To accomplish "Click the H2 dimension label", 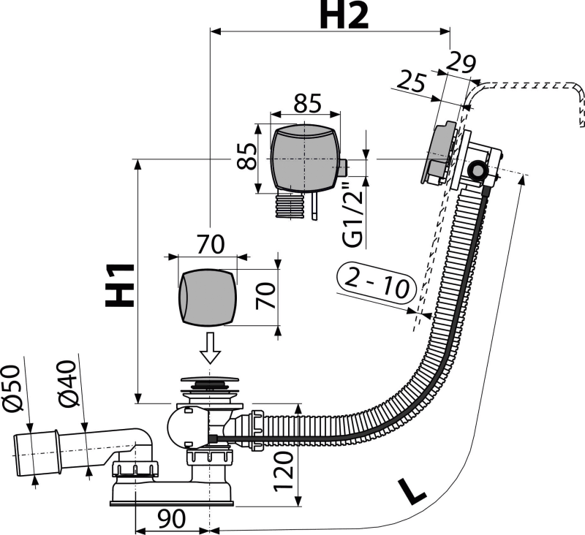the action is [344, 16].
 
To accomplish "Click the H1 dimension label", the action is [119, 285].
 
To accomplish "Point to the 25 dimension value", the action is [411, 82].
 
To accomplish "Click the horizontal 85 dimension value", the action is [307, 103].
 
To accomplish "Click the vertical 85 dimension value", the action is [247, 156].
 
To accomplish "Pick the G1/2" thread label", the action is [353, 214].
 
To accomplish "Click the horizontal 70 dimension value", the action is [211, 244].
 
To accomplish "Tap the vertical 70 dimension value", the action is [265, 296].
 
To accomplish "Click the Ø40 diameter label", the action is [67, 383].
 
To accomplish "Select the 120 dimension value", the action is [284, 471].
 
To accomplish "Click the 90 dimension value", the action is [171, 519].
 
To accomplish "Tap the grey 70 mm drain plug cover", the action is [208, 297].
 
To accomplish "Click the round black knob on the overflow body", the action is [477, 171].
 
